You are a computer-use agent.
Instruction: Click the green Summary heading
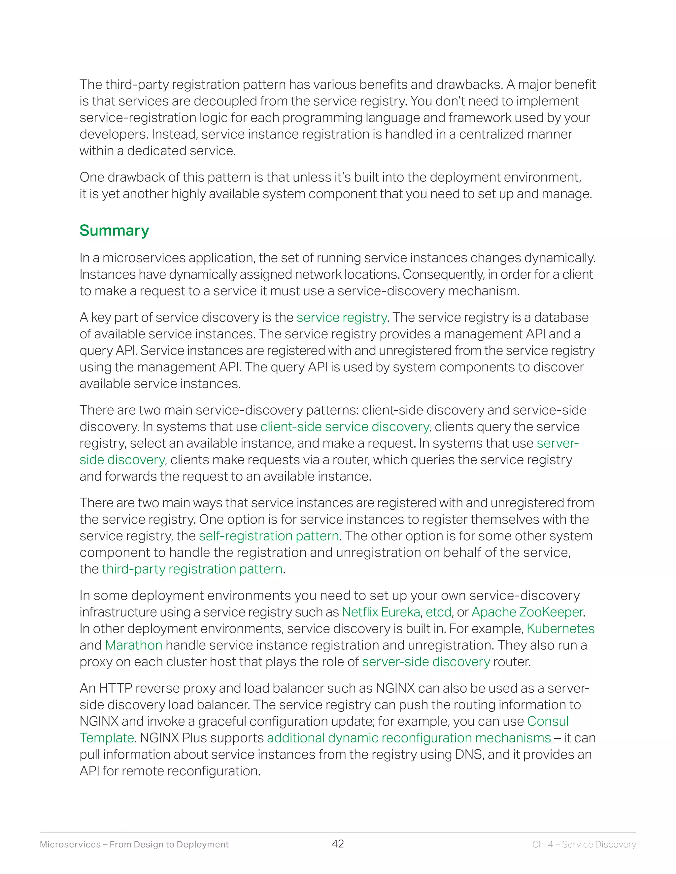coord(114,231)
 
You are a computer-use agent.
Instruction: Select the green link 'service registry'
coord(341,317)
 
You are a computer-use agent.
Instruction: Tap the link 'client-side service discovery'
coord(344,426)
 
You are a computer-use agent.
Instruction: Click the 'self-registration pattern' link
coord(269,536)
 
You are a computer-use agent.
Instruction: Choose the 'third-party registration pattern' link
coord(192,569)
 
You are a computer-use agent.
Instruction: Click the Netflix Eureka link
coord(381,612)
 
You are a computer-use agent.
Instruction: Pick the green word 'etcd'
coord(439,612)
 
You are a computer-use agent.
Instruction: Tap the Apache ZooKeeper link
coord(527,612)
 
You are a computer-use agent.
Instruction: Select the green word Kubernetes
coord(560,629)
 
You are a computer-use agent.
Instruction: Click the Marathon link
coord(133,645)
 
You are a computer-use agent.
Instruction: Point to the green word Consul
coord(548,721)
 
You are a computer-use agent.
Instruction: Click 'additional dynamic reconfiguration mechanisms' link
coord(409,738)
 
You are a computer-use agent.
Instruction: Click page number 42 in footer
coord(338,844)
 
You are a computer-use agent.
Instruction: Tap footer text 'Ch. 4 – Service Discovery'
coord(584,844)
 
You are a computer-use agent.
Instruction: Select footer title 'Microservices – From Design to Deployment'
coord(134,844)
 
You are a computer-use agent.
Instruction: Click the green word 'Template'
coord(107,738)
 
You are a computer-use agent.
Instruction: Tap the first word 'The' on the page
coord(90,85)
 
